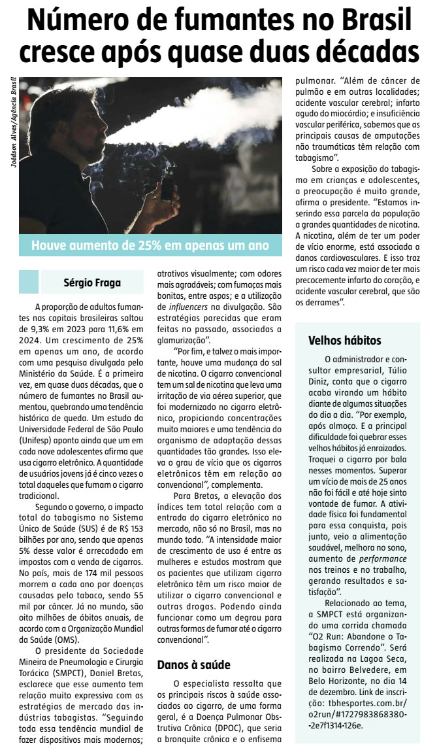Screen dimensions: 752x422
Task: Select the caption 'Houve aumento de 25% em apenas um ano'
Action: pos(150,245)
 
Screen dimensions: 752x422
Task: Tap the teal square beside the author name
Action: pos(29,282)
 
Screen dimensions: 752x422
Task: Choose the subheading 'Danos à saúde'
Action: pos(193,665)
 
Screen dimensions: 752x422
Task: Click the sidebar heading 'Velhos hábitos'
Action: pos(344,341)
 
